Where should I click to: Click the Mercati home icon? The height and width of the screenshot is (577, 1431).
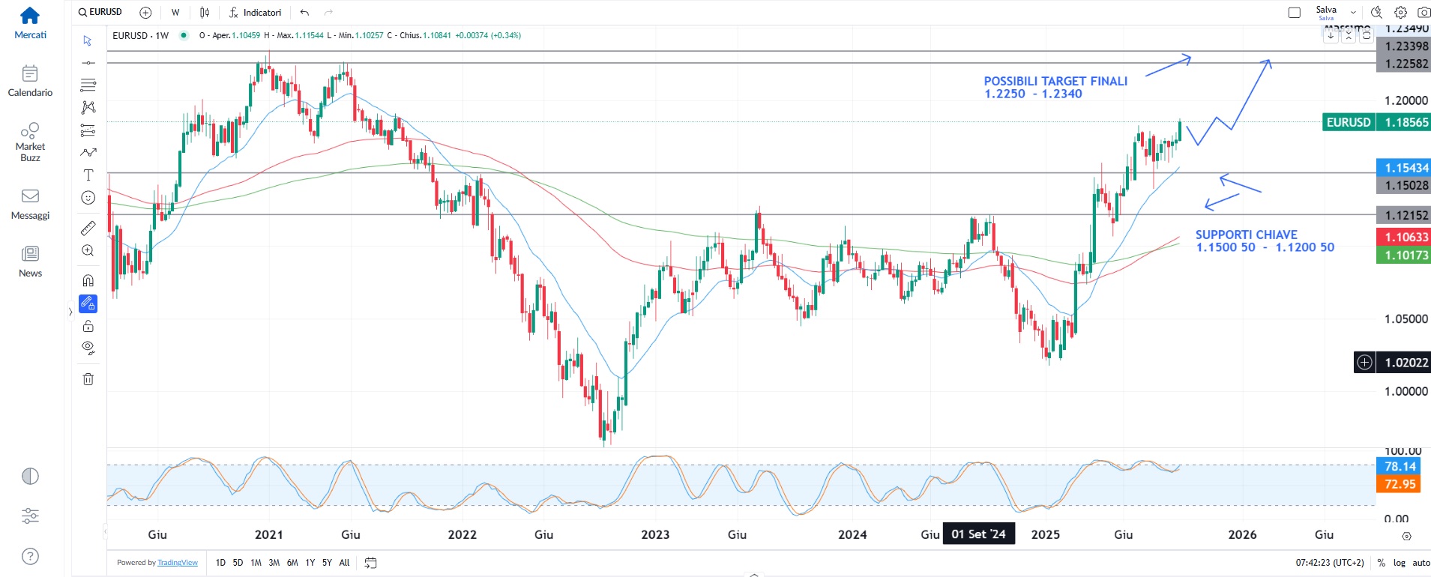tap(30, 16)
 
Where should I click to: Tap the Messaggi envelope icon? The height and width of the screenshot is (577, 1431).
tap(30, 196)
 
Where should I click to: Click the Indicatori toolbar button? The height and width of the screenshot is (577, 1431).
tap(256, 12)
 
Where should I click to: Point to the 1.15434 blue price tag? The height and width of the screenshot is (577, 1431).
tap(1403, 168)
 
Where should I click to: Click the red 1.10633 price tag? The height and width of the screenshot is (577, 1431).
tap(1403, 237)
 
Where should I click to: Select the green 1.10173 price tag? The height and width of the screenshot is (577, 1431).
tap(1403, 255)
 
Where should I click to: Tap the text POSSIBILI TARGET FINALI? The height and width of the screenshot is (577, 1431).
tap(1055, 81)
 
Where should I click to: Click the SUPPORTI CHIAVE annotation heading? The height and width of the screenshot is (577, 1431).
tap(1246, 235)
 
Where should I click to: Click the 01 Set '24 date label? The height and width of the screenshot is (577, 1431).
tap(978, 534)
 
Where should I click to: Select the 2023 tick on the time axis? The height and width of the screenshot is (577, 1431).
tap(655, 534)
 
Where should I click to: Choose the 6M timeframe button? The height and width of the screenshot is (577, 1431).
tap(292, 563)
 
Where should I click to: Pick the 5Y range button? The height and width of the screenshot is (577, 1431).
tap(327, 563)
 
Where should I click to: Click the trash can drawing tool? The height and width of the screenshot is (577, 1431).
tap(88, 378)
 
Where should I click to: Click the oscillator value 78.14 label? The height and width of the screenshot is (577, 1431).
tap(1399, 466)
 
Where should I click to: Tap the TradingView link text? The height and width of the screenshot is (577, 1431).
tap(178, 563)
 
